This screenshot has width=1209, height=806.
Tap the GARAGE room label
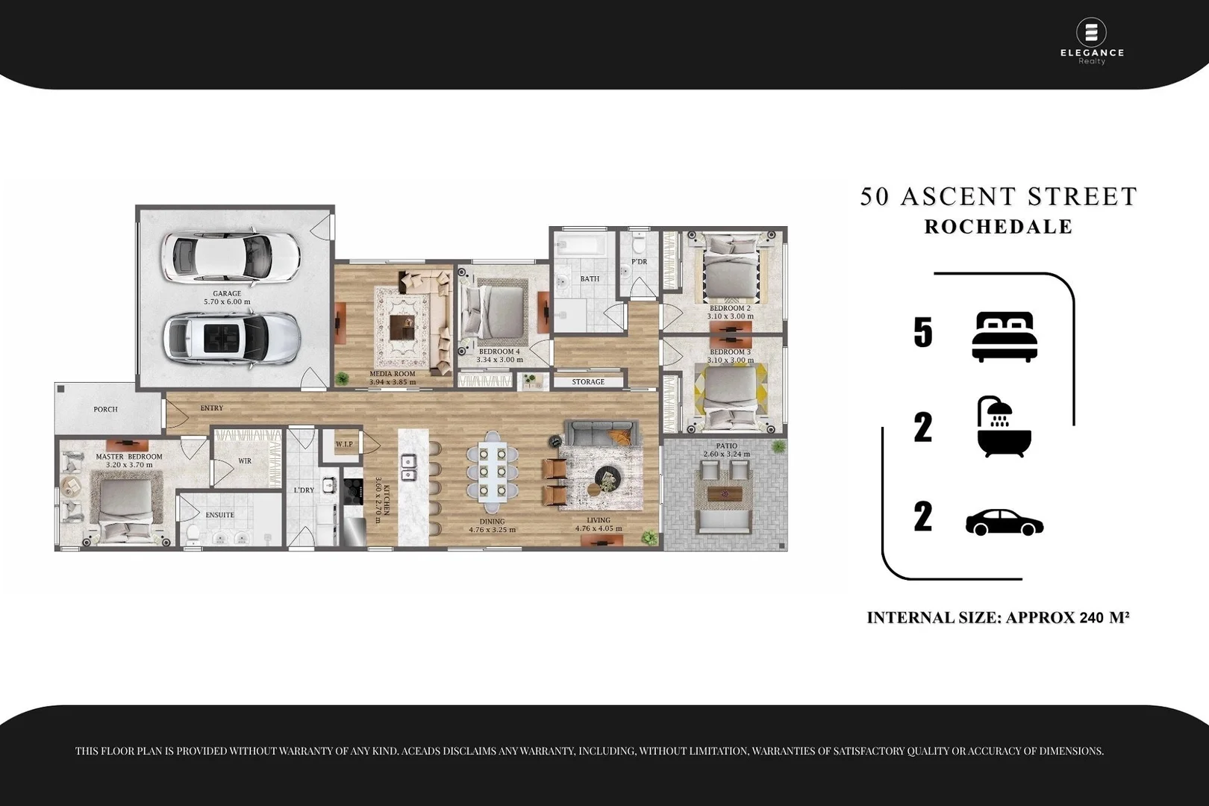[227, 294]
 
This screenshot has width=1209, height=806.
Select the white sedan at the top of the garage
[231, 256]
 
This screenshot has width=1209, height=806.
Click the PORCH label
[105, 409]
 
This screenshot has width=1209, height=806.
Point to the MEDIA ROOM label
[393, 374]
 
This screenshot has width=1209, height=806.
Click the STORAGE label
[588, 381]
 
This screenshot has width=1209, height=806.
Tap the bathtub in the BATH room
[581, 244]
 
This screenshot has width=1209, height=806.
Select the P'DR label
[639, 262]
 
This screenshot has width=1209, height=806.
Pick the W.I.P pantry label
[344, 444]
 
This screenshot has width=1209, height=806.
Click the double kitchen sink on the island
[408, 468]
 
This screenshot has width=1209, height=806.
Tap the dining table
[493, 472]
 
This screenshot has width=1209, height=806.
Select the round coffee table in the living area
[607, 478]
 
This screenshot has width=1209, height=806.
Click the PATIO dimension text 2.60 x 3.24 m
[726, 454]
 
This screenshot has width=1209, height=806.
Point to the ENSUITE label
[219, 515]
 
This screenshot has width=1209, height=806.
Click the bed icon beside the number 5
[1005, 337]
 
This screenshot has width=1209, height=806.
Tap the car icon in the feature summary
[1005, 522]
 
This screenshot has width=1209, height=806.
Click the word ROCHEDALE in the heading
[998, 227]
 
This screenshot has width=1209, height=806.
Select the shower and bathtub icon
[1004, 427]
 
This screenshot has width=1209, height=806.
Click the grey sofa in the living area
[602, 433]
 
